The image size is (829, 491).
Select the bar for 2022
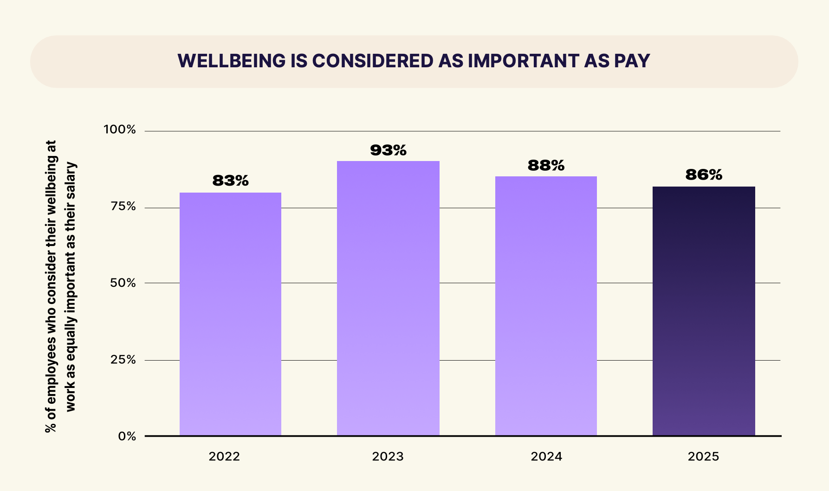pyautogui.click(x=230, y=314)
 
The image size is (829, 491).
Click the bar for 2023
pyautogui.click(x=388, y=298)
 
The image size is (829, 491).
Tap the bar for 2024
pyautogui.click(x=546, y=306)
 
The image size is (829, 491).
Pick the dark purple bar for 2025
pyautogui.click(x=704, y=311)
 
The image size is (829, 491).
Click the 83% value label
pyautogui.click(x=230, y=181)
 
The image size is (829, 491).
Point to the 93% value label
pyautogui.click(x=388, y=150)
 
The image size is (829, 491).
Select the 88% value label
pyautogui.click(x=546, y=165)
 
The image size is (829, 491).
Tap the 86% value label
pyautogui.click(x=704, y=175)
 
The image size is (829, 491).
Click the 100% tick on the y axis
pyautogui.click(x=120, y=130)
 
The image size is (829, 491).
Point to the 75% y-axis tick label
pyautogui.click(x=123, y=207)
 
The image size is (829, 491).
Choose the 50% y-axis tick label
pyautogui.click(x=123, y=283)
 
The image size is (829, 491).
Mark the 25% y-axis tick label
pyautogui.click(x=123, y=360)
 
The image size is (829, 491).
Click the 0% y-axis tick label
pyautogui.click(x=127, y=436)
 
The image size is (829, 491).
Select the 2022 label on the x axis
pyautogui.click(x=224, y=457)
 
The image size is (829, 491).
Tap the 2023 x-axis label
pyautogui.click(x=388, y=457)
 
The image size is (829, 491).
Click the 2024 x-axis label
pyautogui.click(x=546, y=457)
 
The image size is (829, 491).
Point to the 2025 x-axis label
pyautogui.click(x=703, y=457)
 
